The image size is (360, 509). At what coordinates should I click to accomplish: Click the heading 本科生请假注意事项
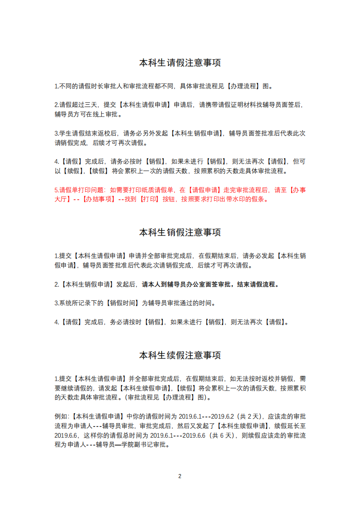pyautogui.click(x=180, y=63)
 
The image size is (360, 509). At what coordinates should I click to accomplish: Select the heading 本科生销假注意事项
pyautogui.click(x=180, y=232)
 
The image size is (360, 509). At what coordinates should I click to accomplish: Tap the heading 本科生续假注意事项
pyautogui.click(x=180, y=355)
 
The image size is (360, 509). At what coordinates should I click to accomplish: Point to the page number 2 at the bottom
pyautogui.click(x=180, y=476)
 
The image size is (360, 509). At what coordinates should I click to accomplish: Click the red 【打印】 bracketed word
pyautogui.click(x=148, y=199)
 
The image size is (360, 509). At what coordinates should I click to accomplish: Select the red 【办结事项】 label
pyautogui.click(x=99, y=199)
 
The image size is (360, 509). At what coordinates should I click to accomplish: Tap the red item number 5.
pyautogui.click(x=56, y=190)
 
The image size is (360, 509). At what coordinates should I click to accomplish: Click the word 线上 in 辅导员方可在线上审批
pyautogui.click(x=99, y=113)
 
